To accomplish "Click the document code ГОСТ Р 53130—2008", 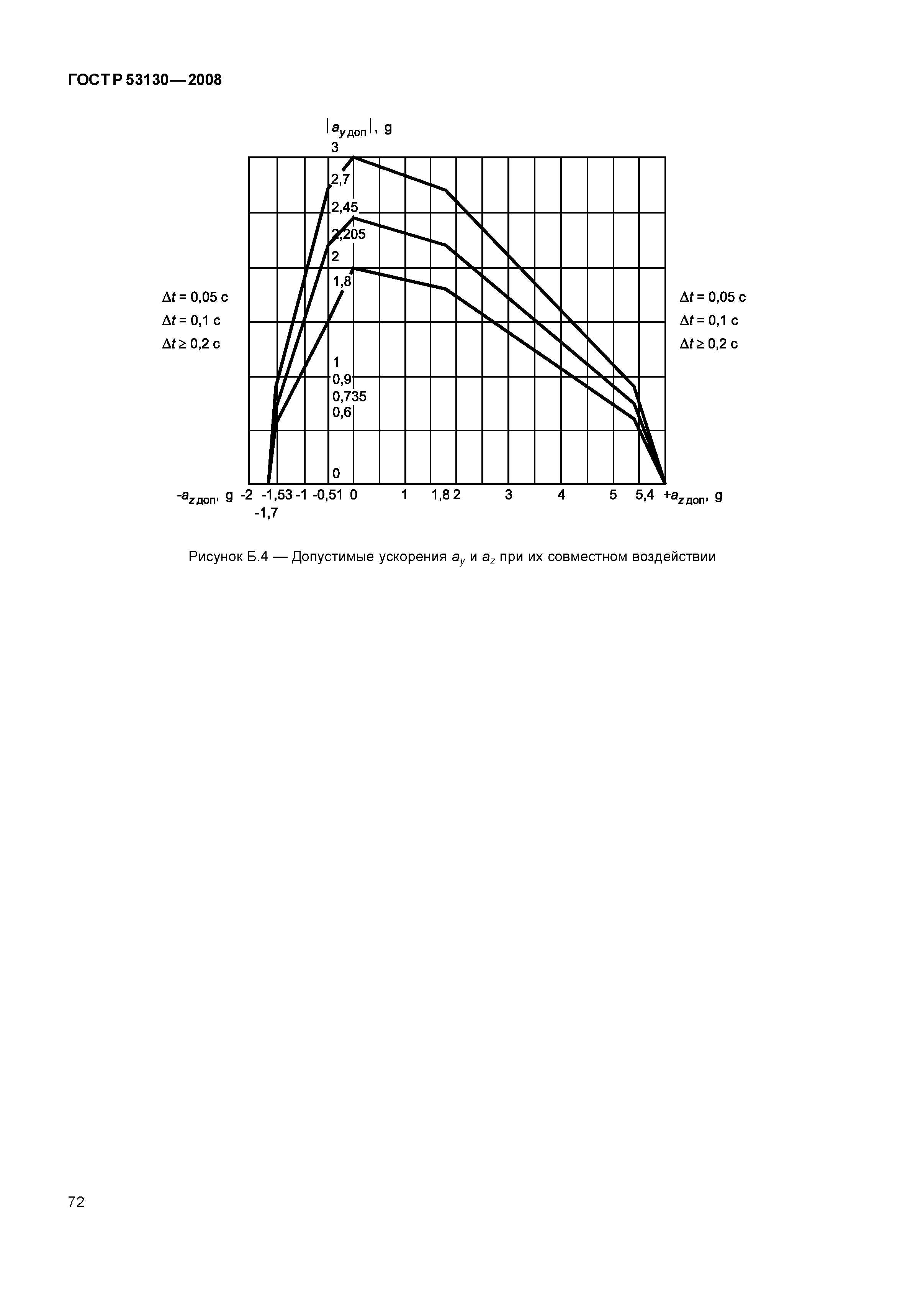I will click(x=145, y=80).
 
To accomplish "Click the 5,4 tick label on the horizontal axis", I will click(x=644, y=495).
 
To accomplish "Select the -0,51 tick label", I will click(x=328, y=495).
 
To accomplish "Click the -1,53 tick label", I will click(x=277, y=495).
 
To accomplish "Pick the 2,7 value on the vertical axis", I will click(x=341, y=179).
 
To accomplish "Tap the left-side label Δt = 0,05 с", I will click(x=195, y=297).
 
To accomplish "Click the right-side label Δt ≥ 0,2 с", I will click(x=709, y=344).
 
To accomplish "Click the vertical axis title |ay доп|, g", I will click(x=359, y=129).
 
